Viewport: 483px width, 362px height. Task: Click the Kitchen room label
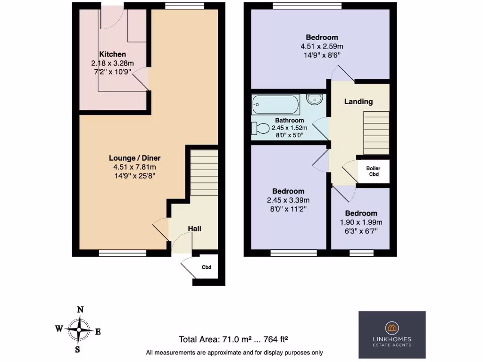point(112,55)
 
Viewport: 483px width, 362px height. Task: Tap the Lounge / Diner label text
point(138,158)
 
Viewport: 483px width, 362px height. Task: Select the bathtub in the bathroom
point(275,104)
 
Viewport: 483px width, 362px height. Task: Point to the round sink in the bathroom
point(314,99)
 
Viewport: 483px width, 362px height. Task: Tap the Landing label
point(358,101)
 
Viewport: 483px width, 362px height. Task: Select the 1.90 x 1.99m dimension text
point(361,222)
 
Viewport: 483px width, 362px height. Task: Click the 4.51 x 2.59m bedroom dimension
point(322,46)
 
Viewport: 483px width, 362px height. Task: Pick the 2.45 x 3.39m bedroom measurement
point(288,200)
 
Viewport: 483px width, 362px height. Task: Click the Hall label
point(195,229)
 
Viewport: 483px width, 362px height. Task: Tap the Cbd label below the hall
point(207,267)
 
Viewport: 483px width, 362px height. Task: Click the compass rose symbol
point(81,329)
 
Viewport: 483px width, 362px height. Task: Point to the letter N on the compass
point(81,310)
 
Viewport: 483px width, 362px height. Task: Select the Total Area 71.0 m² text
point(233,339)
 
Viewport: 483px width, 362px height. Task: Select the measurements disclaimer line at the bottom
point(234,353)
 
